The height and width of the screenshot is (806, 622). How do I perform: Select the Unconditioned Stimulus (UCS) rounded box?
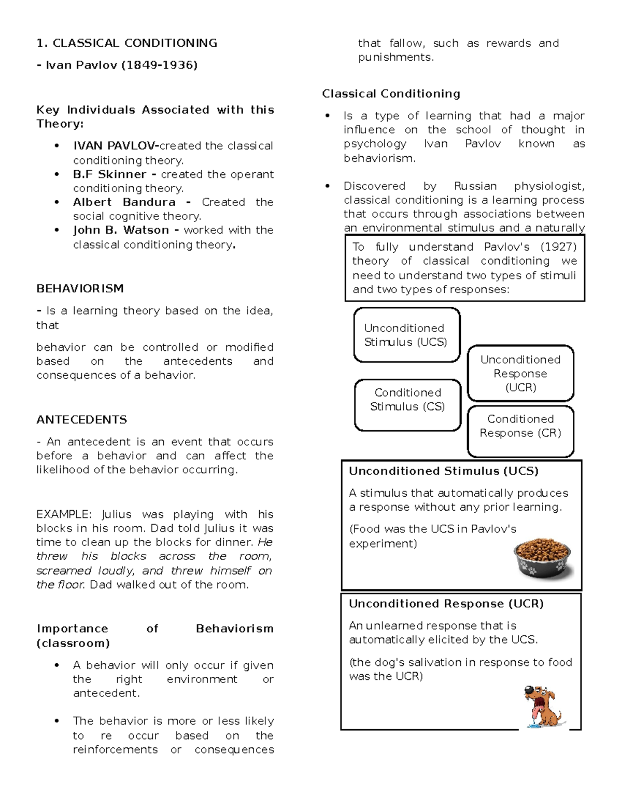click(x=406, y=335)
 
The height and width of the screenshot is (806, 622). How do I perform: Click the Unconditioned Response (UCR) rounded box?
click(x=520, y=373)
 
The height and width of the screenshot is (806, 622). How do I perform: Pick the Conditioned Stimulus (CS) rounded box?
click(x=407, y=405)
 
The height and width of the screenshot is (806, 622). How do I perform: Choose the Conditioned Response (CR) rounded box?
click(x=520, y=431)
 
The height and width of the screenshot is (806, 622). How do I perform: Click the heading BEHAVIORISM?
click(x=80, y=289)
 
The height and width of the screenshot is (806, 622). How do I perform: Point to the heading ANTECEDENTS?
click(x=81, y=419)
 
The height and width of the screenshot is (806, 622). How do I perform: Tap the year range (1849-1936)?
click(x=159, y=65)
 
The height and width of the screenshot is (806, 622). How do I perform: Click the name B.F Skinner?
click(x=109, y=174)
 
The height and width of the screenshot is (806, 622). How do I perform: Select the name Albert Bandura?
click(x=124, y=202)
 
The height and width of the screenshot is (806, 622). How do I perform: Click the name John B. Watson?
click(x=121, y=230)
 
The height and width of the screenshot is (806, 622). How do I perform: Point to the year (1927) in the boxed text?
click(x=558, y=247)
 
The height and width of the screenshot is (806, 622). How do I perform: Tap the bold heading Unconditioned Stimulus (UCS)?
click(x=443, y=471)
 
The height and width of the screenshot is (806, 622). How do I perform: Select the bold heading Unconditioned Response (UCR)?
click(x=446, y=604)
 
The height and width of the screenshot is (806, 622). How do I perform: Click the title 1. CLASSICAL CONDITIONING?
click(x=126, y=43)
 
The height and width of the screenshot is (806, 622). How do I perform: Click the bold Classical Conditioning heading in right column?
click(x=391, y=93)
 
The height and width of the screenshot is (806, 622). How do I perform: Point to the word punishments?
click(x=395, y=57)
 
